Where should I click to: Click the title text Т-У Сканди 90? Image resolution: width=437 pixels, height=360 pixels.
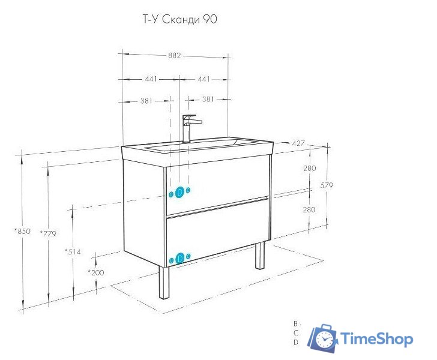[x=179, y=20]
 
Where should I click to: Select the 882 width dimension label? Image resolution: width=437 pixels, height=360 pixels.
[x=174, y=55]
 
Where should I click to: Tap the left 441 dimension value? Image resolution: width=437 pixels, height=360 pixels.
[x=151, y=79]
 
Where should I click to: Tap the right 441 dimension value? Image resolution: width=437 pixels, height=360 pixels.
[x=203, y=79]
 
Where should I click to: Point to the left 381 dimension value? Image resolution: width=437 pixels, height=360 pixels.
[x=146, y=101]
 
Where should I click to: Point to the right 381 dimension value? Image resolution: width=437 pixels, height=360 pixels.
[x=208, y=99]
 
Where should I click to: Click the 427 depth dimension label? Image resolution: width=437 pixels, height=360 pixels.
[x=298, y=143]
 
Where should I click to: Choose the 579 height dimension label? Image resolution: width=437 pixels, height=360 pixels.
[x=327, y=185]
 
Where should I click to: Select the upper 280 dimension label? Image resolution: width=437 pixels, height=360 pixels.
[x=310, y=168]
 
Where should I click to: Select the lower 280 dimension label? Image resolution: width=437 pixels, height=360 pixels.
[x=309, y=209]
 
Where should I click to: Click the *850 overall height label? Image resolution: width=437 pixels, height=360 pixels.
[x=23, y=231]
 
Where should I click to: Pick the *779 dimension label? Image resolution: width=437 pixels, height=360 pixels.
[x=48, y=233]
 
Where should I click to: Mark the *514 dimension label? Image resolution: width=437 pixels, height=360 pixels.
[x=73, y=252]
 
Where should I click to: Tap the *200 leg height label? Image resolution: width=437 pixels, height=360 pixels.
[x=96, y=272]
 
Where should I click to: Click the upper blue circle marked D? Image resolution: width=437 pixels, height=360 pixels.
[x=179, y=192]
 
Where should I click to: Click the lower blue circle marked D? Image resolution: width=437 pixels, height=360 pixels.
[x=180, y=258]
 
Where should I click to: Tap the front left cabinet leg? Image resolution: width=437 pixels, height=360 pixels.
[x=164, y=283]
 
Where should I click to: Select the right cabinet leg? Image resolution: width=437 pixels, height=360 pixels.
[x=260, y=255]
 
